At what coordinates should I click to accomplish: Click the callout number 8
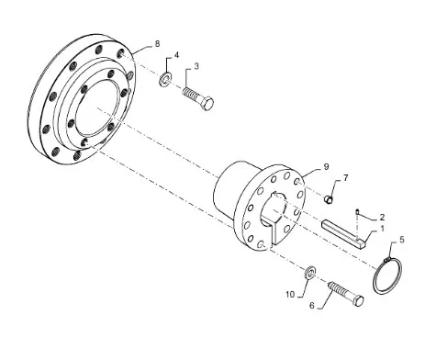[157, 44]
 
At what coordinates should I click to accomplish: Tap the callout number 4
[176, 55]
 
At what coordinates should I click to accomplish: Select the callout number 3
[196, 66]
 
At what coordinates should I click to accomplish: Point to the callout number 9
[326, 166]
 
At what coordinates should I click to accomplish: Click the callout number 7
[345, 177]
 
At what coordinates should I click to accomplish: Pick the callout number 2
[382, 218]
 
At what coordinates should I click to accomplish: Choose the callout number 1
[382, 229]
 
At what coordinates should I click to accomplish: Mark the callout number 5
[402, 240]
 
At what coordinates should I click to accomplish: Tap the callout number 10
[290, 295]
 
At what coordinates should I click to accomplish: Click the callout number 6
[312, 306]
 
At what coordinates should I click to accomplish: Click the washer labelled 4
[165, 79]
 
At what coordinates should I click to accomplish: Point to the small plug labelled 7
[328, 199]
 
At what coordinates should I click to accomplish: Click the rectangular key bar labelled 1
[344, 234]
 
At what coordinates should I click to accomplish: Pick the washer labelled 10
[310, 272]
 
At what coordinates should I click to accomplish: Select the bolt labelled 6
[346, 293]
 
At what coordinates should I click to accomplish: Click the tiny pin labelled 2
[357, 211]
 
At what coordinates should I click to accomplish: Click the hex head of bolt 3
[207, 104]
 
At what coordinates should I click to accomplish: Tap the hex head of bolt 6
[358, 300]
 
